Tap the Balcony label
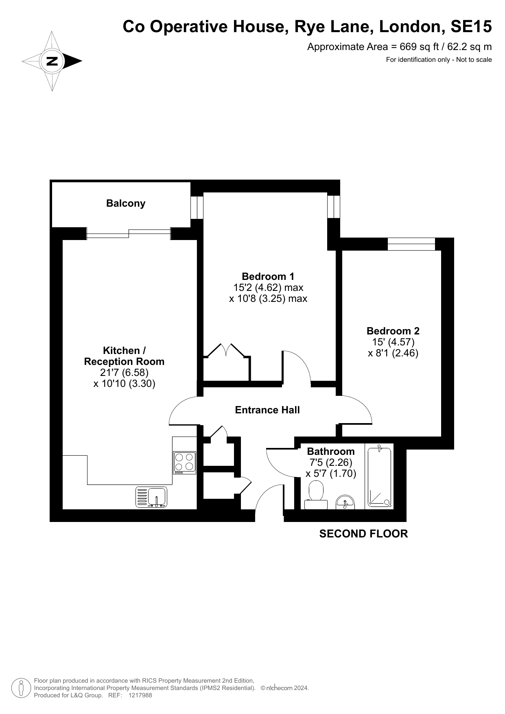(x=126, y=203)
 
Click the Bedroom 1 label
(x=268, y=277)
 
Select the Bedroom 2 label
(x=393, y=331)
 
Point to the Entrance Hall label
(x=267, y=410)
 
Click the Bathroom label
(x=331, y=451)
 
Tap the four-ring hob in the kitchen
(x=184, y=463)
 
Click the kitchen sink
(x=151, y=497)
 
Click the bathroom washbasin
(x=345, y=503)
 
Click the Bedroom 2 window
(x=411, y=244)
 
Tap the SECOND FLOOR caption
(x=363, y=534)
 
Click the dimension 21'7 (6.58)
(x=124, y=373)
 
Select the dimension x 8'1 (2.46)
(x=393, y=353)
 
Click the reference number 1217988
(x=140, y=696)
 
